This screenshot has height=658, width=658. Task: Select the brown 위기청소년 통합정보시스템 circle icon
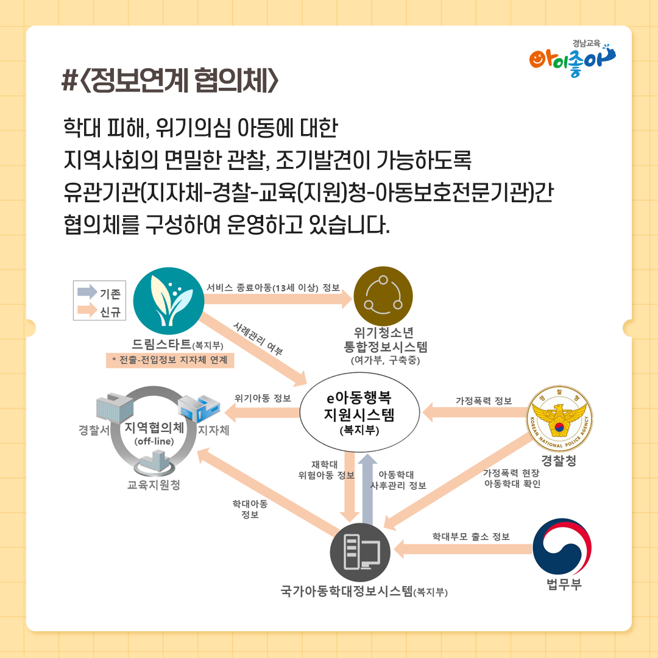point(383,297)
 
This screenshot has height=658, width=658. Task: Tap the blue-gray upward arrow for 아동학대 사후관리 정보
point(366,487)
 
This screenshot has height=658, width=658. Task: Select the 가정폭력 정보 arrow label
point(484,401)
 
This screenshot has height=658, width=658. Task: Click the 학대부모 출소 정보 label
point(471,537)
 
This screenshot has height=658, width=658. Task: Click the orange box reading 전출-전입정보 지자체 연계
point(169,360)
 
